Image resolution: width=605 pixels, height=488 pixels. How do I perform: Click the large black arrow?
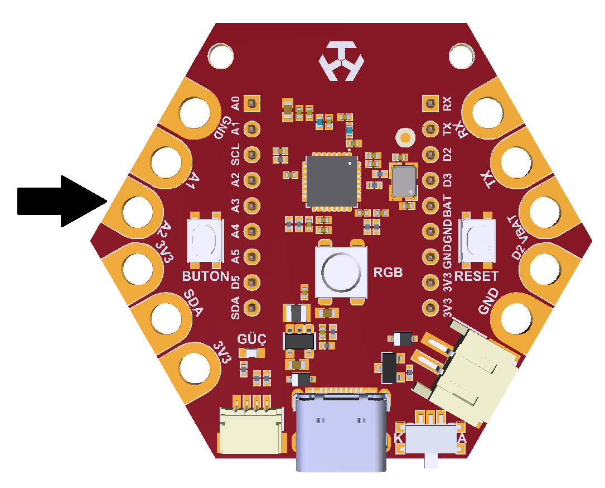[x=62, y=202]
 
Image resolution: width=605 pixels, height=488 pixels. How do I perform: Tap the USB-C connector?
[x=341, y=431]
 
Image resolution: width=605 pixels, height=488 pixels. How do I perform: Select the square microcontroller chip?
[x=332, y=181]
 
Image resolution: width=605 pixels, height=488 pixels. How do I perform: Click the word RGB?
[x=388, y=272]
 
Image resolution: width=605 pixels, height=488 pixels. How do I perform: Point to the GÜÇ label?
[x=251, y=339]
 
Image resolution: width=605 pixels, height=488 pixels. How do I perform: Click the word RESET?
[x=476, y=276]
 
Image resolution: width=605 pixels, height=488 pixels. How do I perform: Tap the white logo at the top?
[x=341, y=61]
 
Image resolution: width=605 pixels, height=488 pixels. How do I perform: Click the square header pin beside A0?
[x=251, y=103]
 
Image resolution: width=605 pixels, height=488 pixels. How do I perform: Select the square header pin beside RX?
[x=430, y=103]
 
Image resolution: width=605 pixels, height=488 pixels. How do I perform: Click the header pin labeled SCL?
[x=251, y=155]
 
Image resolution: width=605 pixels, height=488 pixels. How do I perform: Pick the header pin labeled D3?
[x=430, y=180]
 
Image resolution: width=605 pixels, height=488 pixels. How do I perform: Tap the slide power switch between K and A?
[x=432, y=439]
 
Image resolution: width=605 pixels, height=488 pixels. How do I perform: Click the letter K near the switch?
[x=399, y=438]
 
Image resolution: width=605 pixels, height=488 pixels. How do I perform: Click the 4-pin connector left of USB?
[x=251, y=424]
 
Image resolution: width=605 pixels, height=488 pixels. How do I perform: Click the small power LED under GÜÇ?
[x=251, y=353]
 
